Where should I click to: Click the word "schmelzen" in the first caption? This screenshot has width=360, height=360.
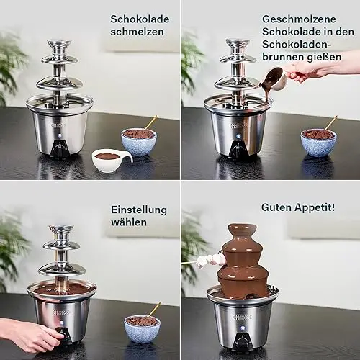[x=137, y=32]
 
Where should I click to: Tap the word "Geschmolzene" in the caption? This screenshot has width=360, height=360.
[x=299, y=19]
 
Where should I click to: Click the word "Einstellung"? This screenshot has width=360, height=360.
[x=139, y=210]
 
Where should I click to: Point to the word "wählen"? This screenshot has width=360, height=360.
[x=129, y=222]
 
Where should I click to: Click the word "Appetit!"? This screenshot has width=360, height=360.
[x=315, y=207]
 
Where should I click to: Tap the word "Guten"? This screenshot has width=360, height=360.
[x=276, y=207]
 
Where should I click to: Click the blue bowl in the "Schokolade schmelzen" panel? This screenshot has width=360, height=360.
[x=139, y=143]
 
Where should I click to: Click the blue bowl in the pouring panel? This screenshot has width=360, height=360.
[x=318, y=143]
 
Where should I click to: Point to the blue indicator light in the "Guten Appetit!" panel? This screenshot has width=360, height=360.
[x=242, y=327]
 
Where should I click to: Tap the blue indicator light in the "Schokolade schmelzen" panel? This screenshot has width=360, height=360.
[x=59, y=135]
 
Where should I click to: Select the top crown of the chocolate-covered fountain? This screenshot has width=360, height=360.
[x=242, y=230]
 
